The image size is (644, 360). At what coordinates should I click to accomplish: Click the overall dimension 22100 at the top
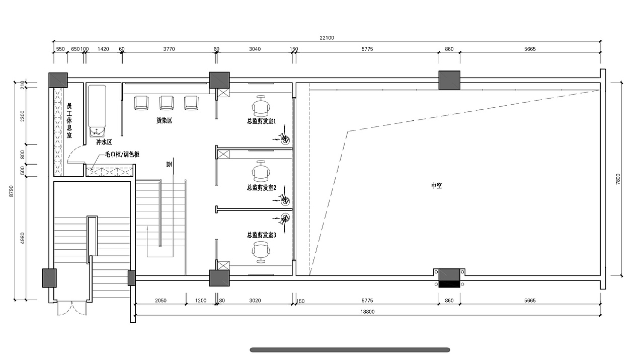point(327,38)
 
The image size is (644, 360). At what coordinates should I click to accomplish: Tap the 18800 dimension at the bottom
point(367,312)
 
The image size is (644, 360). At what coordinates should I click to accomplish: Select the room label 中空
point(436,186)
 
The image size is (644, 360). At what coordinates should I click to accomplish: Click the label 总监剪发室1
point(261,121)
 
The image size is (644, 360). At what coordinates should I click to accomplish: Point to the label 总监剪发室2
point(261,188)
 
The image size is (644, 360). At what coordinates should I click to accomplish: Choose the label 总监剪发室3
point(261,235)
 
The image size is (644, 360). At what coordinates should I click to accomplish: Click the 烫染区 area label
point(164,120)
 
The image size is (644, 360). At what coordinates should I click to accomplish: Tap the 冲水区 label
point(104,142)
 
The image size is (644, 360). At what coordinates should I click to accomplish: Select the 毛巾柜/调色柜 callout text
point(122,155)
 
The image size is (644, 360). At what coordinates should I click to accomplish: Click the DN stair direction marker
point(169,164)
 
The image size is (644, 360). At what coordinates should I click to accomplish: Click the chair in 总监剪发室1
point(261,106)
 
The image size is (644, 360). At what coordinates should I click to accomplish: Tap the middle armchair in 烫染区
point(167,103)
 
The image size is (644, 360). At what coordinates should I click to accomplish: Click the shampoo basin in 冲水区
point(97,132)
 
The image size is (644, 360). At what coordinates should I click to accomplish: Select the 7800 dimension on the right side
point(618,179)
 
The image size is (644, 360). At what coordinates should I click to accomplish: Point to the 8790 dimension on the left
point(12,191)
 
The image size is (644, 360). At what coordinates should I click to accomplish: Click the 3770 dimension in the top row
point(169,49)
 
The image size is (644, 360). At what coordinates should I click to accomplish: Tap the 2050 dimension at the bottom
point(160,301)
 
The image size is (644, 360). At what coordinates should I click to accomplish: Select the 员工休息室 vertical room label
point(69,120)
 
